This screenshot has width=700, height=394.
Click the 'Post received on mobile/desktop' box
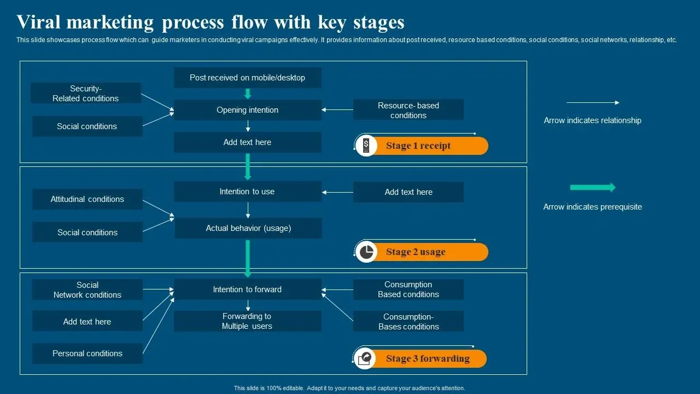[x=247, y=78]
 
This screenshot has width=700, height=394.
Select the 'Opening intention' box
[x=247, y=110]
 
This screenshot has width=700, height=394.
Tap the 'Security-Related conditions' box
[x=85, y=94]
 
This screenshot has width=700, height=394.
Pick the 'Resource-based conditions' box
[x=408, y=110]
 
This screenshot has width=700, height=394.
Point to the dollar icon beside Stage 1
[x=366, y=146]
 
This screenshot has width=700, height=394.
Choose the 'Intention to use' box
[x=247, y=192]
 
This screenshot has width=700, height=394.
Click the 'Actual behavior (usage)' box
[x=248, y=228]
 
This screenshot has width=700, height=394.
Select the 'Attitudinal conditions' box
[x=87, y=199]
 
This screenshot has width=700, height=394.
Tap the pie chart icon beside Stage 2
[x=366, y=252]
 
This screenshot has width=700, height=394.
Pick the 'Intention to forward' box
[x=247, y=289]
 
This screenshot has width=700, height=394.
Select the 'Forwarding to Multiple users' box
[x=247, y=321]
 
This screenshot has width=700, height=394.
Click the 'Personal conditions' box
[x=87, y=354]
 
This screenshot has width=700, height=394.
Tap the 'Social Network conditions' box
[x=87, y=290]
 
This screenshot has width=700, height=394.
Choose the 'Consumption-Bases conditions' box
[x=408, y=322]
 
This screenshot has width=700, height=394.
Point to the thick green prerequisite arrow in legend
[x=592, y=188]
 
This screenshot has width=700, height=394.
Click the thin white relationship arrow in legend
[x=592, y=103]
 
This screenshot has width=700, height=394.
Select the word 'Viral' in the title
[x=40, y=22]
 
